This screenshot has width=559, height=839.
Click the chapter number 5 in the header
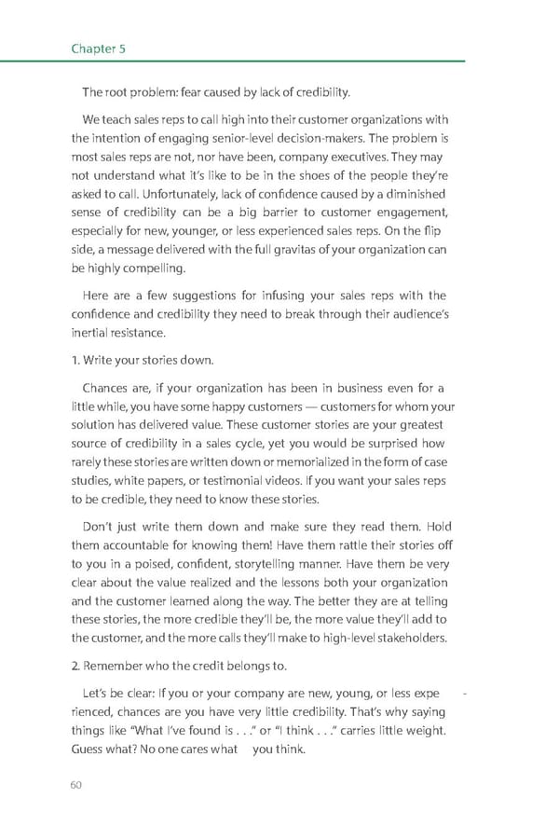point(122,48)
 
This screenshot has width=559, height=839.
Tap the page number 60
point(76,784)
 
